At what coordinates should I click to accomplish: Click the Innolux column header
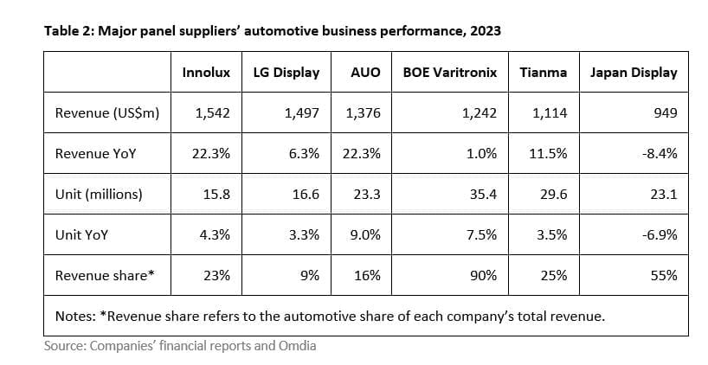(x=206, y=73)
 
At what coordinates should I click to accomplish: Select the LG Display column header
(x=286, y=73)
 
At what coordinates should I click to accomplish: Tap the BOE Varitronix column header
(x=450, y=73)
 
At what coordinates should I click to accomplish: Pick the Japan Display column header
(x=634, y=73)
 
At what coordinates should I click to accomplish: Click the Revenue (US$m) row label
(x=106, y=113)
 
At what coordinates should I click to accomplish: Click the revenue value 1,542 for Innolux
(x=213, y=113)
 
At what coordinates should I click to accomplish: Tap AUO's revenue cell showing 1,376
(x=363, y=113)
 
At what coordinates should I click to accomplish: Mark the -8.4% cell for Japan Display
(x=660, y=154)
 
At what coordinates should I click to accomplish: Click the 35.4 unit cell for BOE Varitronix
(x=483, y=195)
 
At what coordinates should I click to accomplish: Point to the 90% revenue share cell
(x=483, y=276)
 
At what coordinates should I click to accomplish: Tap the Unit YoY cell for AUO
(x=365, y=235)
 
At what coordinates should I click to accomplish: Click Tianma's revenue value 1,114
(x=550, y=113)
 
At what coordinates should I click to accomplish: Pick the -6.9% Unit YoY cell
(x=660, y=235)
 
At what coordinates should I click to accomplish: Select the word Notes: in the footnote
(x=75, y=316)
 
